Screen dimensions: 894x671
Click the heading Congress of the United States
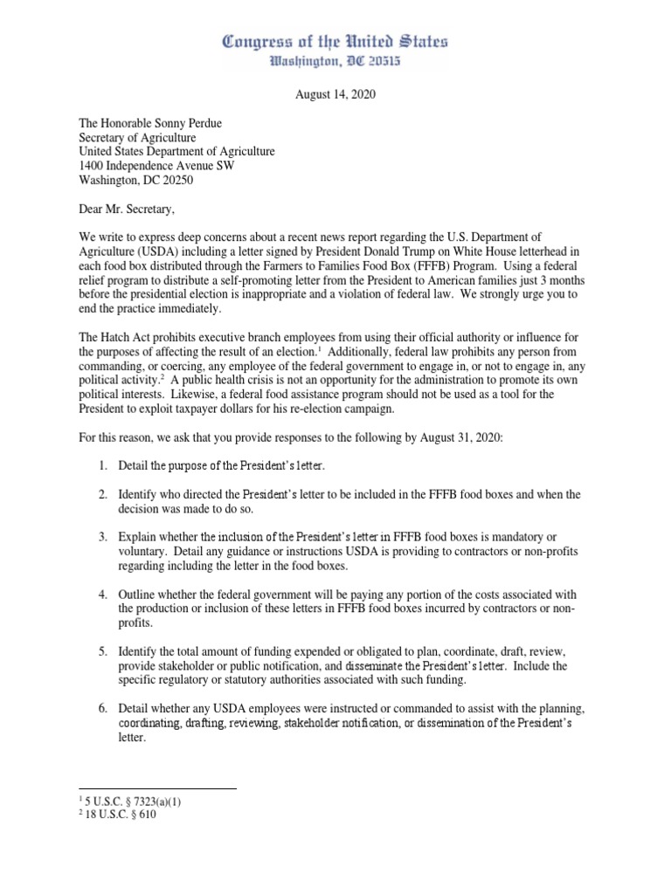335,41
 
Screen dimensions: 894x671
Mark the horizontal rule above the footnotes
157,788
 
